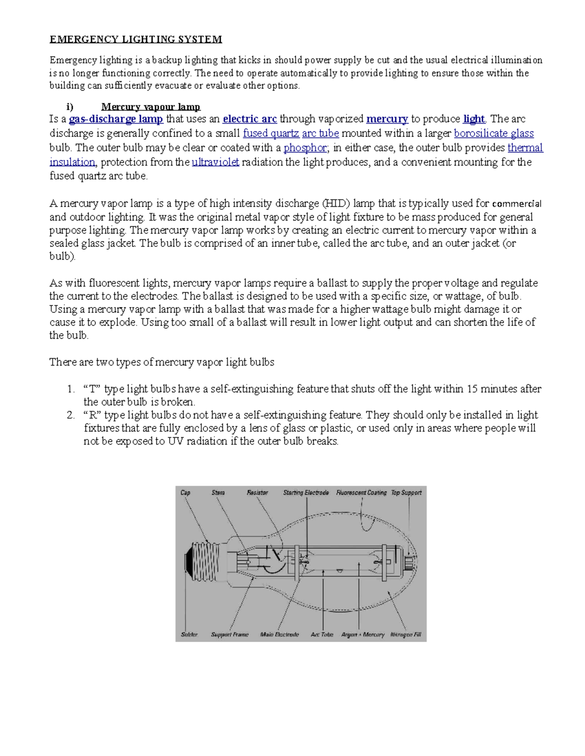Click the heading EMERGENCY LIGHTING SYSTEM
tap(136, 39)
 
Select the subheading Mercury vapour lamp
tap(151, 107)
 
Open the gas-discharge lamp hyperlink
tap(116, 119)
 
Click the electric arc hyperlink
tap(250, 119)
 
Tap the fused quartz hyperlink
tap(271, 133)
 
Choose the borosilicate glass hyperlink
tap(493, 133)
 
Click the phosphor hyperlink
tap(305, 148)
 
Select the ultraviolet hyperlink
tap(215, 162)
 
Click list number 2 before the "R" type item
tap(71, 415)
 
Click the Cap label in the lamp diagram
tap(185, 493)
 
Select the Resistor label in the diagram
tap(257, 493)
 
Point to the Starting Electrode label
tap(306, 493)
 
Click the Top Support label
tap(406, 493)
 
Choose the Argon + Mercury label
tap(363, 635)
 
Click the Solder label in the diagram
tap(189, 635)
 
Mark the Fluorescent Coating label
tap(361, 493)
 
